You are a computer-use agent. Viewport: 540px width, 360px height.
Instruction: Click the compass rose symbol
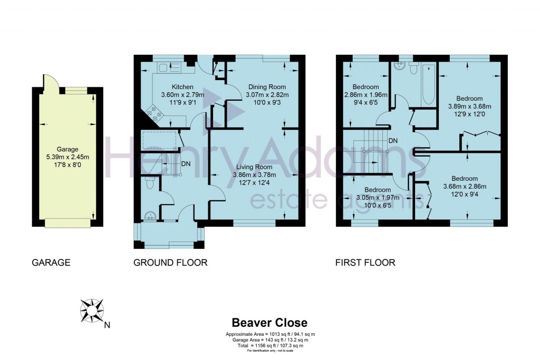pos(92,311)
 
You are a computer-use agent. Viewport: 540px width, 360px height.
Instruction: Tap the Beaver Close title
pos(269,323)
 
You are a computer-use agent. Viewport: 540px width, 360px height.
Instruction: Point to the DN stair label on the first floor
pos(393,141)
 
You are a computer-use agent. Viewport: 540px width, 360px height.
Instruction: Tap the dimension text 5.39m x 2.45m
pos(67,157)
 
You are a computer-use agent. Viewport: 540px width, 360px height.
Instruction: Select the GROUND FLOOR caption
pos(170,262)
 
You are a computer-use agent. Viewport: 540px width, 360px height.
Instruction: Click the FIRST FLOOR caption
pos(365,262)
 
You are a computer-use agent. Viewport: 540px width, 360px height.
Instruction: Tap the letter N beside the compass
pos(107,325)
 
